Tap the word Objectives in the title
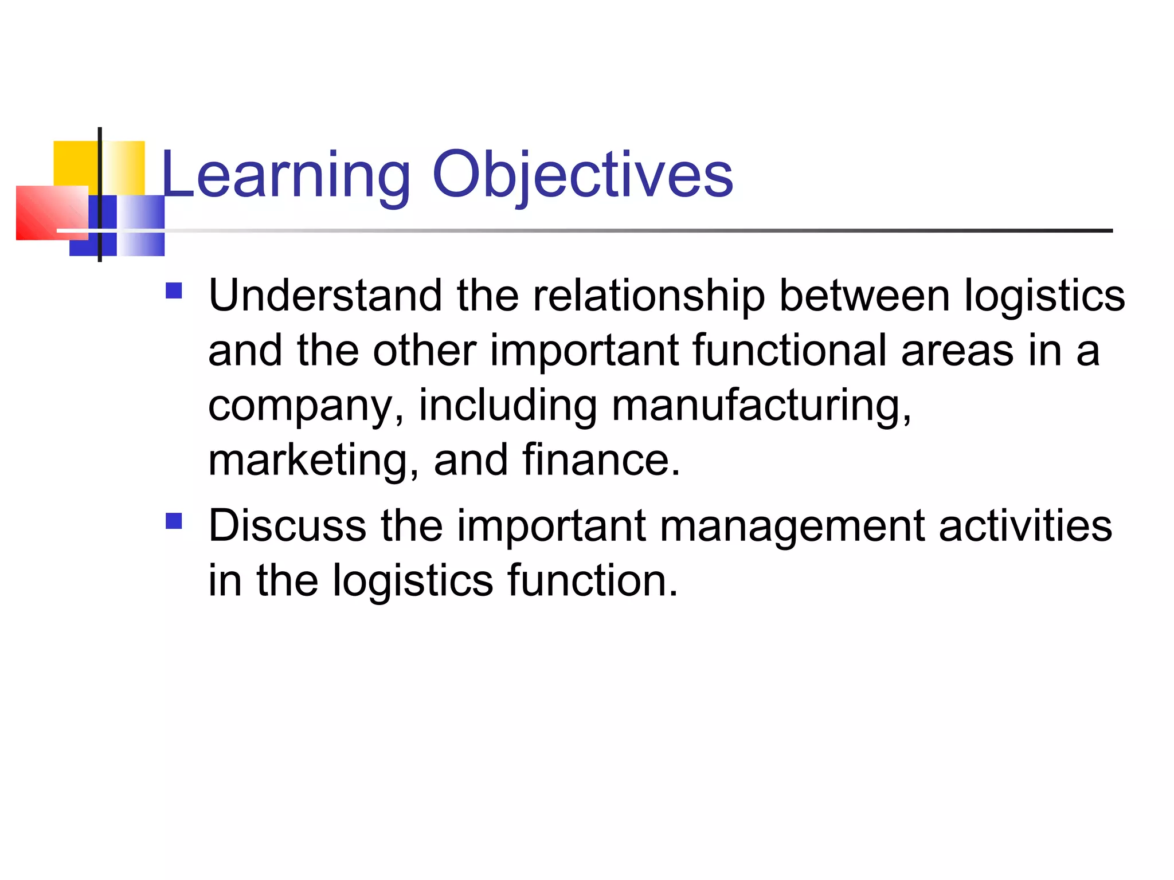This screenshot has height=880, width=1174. pyautogui.click(x=582, y=175)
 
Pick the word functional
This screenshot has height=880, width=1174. pyautogui.click(x=789, y=351)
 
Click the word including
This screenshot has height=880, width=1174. pyautogui.click(x=508, y=406)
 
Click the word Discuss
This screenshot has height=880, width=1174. pyautogui.click(x=287, y=526)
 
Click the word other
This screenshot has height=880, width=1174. pyautogui.click(x=424, y=351)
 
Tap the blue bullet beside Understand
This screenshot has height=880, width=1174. pyautogui.click(x=174, y=291)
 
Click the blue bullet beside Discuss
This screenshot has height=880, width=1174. pyautogui.click(x=174, y=521)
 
